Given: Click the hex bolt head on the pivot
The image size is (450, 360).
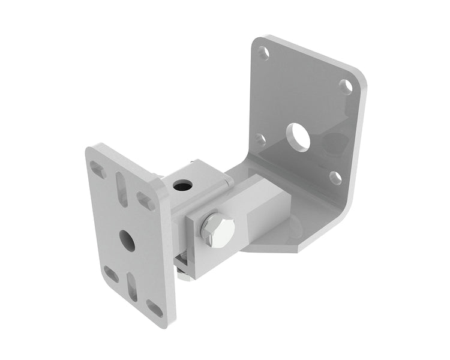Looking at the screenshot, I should (218, 229).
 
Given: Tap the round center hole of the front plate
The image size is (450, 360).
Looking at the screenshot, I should (126, 239).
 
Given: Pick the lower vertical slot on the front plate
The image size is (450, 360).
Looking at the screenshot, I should (132, 286).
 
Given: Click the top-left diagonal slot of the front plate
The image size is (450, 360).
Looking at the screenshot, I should (97, 170).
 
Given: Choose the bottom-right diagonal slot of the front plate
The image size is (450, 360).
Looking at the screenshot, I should (155, 308).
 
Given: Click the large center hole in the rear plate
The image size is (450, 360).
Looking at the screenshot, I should (298, 137).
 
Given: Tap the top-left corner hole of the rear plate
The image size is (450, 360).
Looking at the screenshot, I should (263, 53).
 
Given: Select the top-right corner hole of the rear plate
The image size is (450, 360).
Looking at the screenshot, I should (345, 86).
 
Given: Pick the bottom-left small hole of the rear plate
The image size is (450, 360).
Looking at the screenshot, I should (260, 139).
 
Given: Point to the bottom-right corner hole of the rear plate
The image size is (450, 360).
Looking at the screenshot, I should (335, 178).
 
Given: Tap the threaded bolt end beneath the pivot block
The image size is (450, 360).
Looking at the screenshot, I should (182, 259).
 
